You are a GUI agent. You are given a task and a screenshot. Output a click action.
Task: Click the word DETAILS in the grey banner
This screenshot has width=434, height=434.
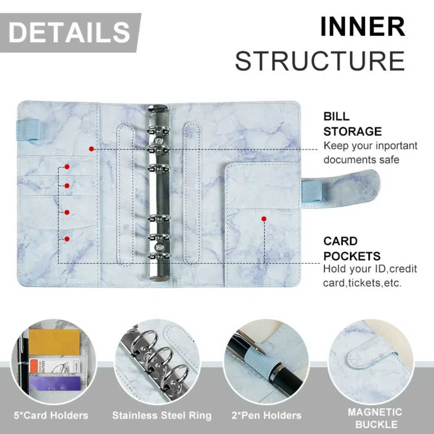pos(69,33)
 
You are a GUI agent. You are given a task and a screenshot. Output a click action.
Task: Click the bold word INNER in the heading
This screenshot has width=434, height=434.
pos(362,27)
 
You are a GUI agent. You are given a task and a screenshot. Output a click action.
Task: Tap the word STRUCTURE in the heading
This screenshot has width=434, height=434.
pos(320,61)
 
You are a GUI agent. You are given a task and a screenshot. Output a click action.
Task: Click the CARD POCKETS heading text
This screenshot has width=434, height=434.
pos(352,249)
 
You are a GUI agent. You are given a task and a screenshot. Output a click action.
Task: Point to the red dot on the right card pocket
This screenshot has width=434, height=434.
pos(263,219)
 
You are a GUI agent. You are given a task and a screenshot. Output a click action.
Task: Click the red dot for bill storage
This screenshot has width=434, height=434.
pos(91,149)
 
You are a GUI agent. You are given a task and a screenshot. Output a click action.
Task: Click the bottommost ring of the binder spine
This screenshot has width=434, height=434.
pos(158,256)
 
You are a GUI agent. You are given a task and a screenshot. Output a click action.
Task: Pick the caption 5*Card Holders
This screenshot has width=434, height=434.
pos(51,415)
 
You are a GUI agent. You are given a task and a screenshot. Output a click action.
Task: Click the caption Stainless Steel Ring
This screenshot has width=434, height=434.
pos(161,415)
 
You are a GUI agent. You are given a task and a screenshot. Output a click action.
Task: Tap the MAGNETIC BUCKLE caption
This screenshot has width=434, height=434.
pos(375,418)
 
